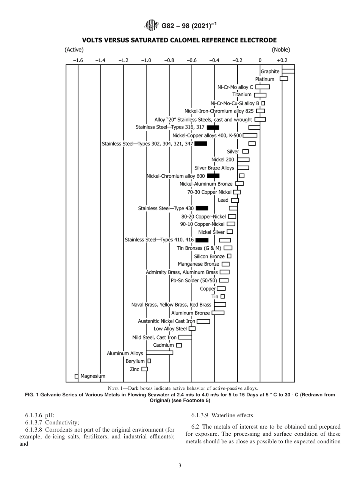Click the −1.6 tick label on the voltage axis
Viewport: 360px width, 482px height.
point(78,60)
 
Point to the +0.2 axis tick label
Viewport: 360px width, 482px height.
point(282,60)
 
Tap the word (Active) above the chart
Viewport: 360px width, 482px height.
point(74,49)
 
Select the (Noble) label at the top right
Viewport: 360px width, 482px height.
point(281,49)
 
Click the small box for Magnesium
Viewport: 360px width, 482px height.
point(77,376)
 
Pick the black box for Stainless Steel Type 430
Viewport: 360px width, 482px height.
point(202,208)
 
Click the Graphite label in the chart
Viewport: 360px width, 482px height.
point(270,71)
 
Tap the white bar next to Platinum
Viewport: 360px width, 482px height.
point(284,79)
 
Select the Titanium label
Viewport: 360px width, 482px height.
point(242,95)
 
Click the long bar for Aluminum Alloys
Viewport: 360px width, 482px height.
point(154,353)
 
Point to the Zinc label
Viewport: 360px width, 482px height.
point(135,369)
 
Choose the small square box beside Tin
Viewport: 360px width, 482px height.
point(222,296)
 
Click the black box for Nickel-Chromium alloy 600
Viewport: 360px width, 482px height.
point(213,176)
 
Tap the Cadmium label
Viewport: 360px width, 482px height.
point(163,345)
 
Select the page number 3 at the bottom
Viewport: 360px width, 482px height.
point(180,466)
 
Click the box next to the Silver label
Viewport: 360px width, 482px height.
point(245,152)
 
